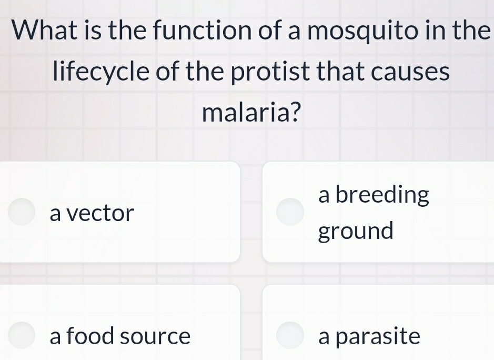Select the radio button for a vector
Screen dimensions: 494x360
[22, 212]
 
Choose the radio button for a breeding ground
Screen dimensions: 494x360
[290, 212]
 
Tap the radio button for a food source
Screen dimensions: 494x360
[22, 335]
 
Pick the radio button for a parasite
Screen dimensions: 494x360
[290, 335]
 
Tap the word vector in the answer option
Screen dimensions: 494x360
[101, 213]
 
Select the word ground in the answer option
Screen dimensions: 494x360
[356, 231]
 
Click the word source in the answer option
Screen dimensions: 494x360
[155, 337]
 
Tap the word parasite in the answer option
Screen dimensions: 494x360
[377, 336]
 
